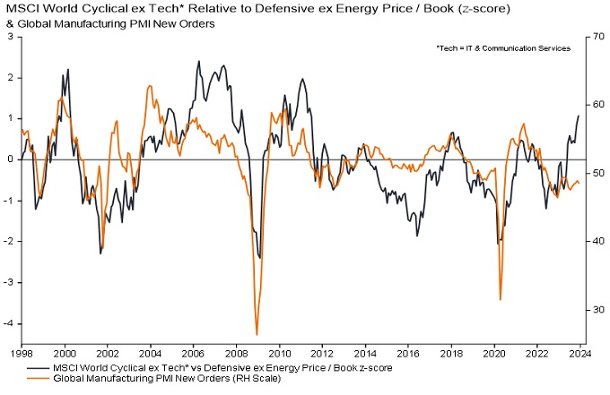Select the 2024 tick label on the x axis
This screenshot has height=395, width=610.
pos(579,353)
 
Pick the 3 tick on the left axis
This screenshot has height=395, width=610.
pos(12,37)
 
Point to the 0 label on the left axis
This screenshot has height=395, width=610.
pos(12,159)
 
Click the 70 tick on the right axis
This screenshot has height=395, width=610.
pos(593,37)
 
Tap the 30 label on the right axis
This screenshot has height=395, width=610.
pos(593,310)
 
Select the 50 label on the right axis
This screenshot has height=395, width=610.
pos(593,173)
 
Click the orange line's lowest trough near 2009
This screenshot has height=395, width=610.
pos(257,334)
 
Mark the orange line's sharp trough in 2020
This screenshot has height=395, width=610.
pos(500,300)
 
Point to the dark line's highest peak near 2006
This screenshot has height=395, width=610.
pos(198,62)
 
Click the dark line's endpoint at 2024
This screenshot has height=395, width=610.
pos(579,116)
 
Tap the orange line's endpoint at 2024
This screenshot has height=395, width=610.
pos(579,184)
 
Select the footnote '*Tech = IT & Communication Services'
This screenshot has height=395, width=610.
pos(503,48)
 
